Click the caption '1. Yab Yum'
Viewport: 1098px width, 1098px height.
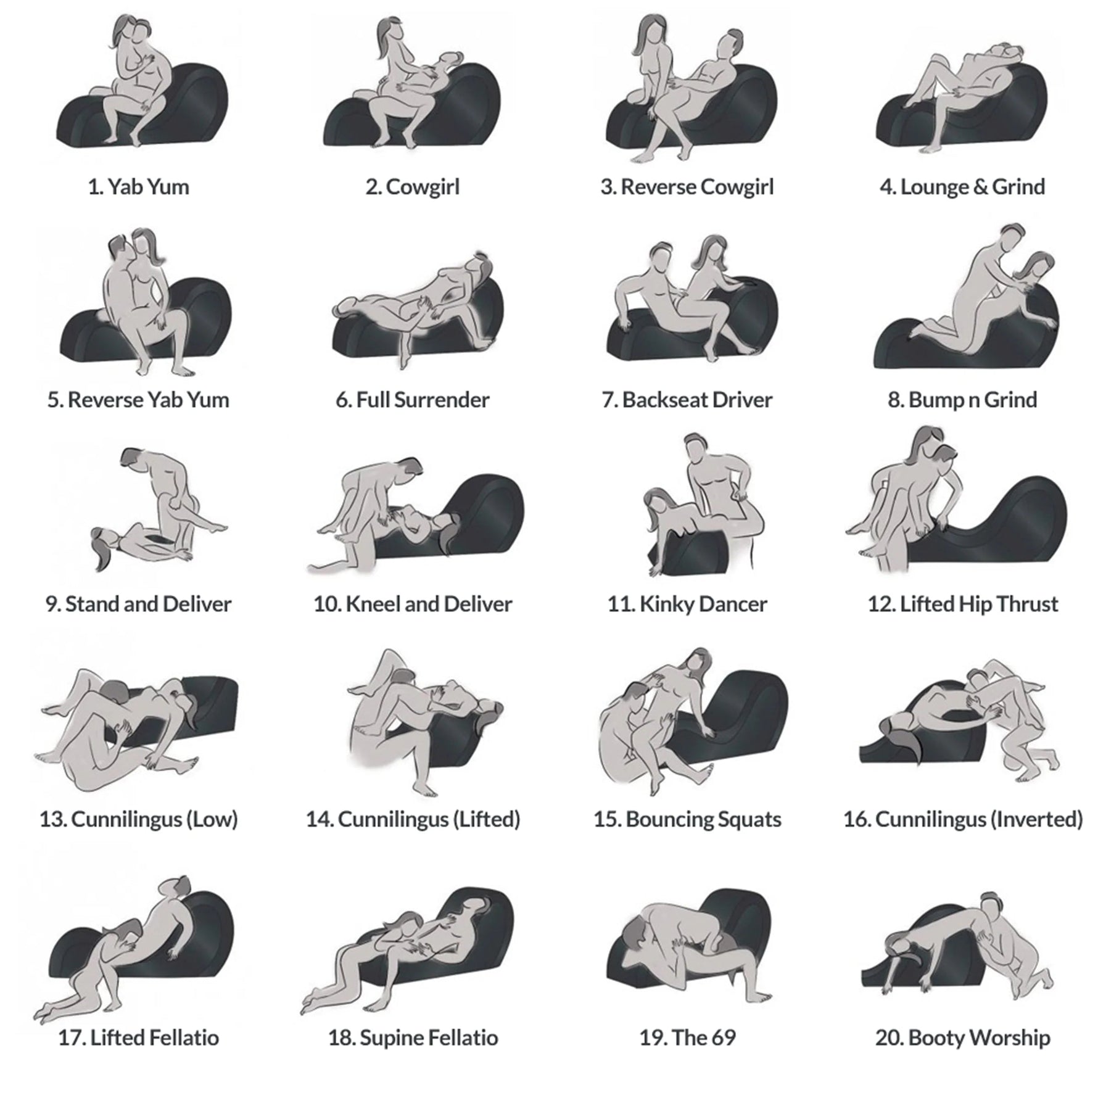[x=138, y=187]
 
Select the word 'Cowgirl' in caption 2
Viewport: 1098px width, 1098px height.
[x=423, y=187]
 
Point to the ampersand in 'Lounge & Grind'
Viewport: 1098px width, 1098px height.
[x=980, y=187]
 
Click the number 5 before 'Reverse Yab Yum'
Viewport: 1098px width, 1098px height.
[x=54, y=400]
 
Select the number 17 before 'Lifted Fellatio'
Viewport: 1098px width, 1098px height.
[x=71, y=1038]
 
